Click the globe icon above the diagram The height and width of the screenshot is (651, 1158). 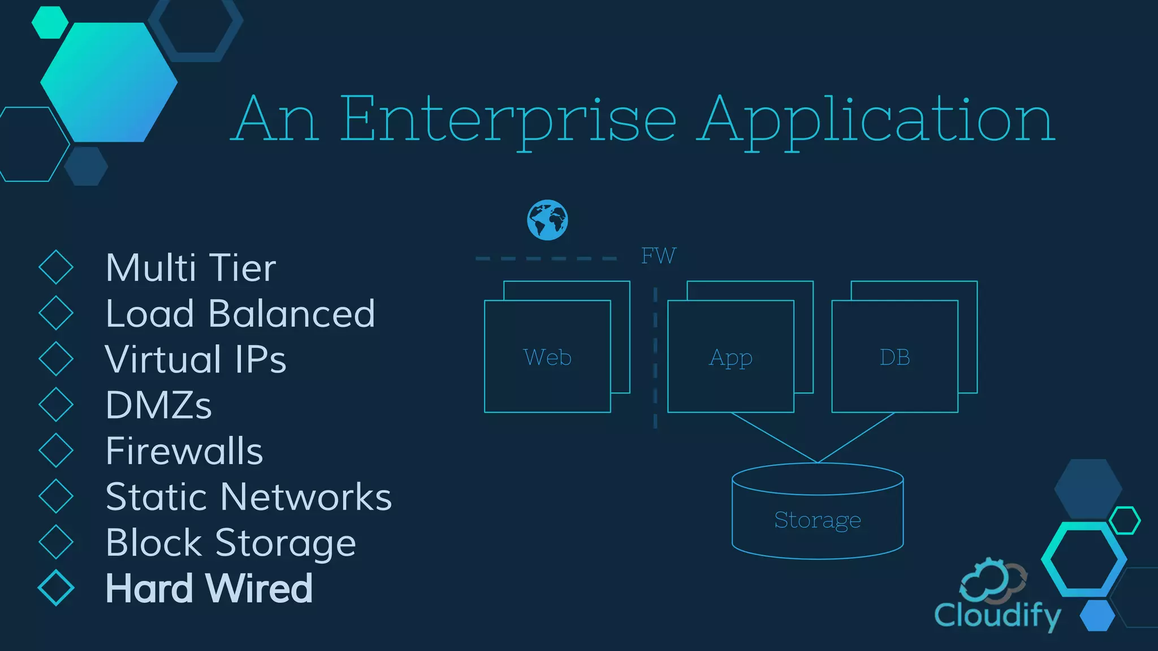click(x=547, y=220)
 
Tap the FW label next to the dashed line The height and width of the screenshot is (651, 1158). click(x=658, y=256)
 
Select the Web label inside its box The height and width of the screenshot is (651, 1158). click(x=547, y=357)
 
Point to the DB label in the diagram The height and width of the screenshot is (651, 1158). click(x=895, y=357)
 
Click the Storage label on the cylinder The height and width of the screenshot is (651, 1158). click(x=817, y=520)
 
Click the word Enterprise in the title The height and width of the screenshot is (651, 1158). click(x=507, y=120)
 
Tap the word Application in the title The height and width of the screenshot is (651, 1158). click(x=876, y=120)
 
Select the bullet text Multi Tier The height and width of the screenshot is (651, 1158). click(x=191, y=268)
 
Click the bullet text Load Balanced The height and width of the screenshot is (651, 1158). click(x=240, y=314)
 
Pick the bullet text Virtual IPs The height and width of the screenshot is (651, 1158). click(x=196, y=359)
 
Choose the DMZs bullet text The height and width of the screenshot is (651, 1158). click(x=158, y=405)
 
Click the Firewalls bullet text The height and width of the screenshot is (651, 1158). click(x=184, y=451)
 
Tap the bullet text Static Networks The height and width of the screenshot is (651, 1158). click(x=248, y=497)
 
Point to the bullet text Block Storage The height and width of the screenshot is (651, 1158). click(x=231, y=543)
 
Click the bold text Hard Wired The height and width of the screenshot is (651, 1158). click(x=209, y=589)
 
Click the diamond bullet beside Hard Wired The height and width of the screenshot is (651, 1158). click(x=56, y=588)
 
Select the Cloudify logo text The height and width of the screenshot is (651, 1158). click(x=997, y=615)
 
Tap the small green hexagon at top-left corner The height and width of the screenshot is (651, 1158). click(x=50, y=23)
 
